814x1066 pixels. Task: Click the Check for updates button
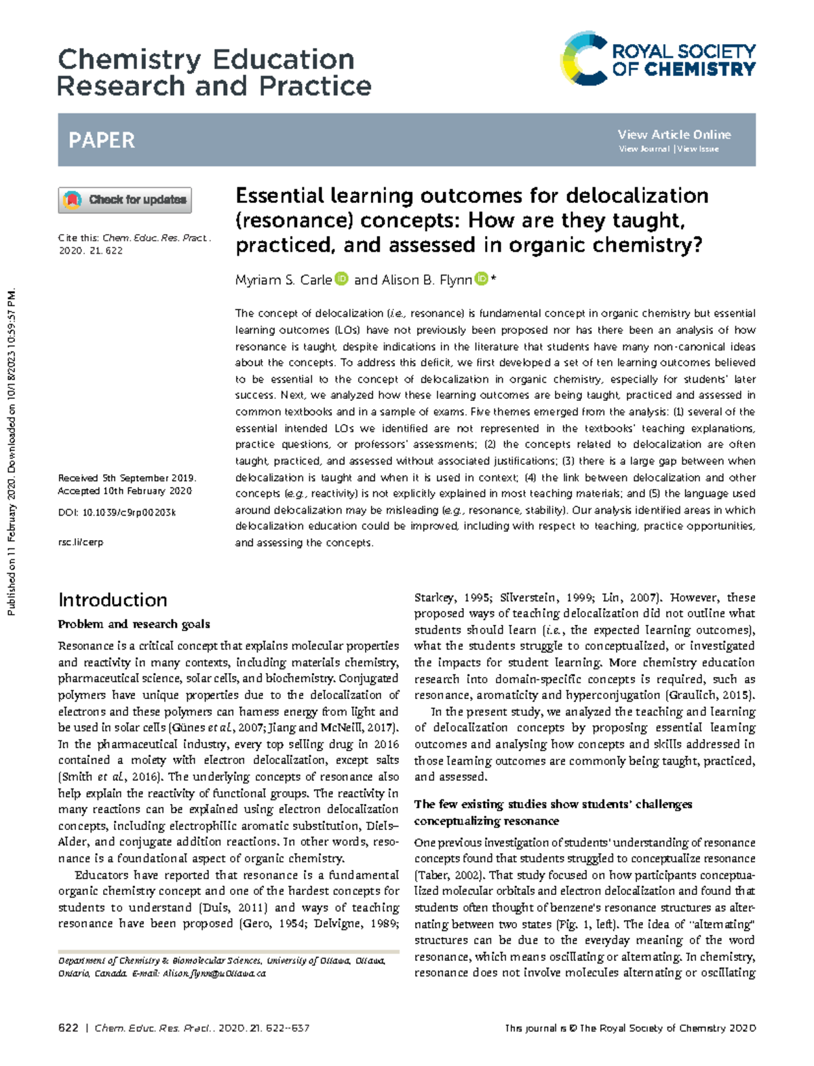pyautogui.click(x=125, y=200)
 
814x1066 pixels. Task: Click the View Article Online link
pyautogui.click(x=674, y=134)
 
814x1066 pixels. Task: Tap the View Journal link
pyautogui.click(x=644, y=149)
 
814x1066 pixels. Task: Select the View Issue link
pyautogui.click(x=698, y=149)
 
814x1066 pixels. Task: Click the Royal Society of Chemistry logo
pyautogui.click(x=657, y=59)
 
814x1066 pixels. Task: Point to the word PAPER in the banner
pyautogui.click(x=102, y=140)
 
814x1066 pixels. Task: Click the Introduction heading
pyautogui.click(x=113, y=600)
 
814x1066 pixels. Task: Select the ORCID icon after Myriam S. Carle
pyautogui.click(x=342, y=279)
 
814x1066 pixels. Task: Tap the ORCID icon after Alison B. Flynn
pyautogui.click(x=481, y=279)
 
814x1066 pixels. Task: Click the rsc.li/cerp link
pyautogui.click(x=81, y=542)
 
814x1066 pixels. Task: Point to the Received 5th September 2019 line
pyautogui.click(x=127, y=478)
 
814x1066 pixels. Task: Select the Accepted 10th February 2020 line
pyautogui.click(x=125, y=491)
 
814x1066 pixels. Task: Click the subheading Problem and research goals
pyautogui.click(x=134, y=624)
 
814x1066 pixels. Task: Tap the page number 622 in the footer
pyautogui.click(x=69, y=1028)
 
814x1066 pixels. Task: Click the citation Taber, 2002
pyautogui.click(x=449, y=875)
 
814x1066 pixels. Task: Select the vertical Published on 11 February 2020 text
pyautogui.click(x=11, y=453)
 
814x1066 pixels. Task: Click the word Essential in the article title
pyautogui.click(x=279, y=196)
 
